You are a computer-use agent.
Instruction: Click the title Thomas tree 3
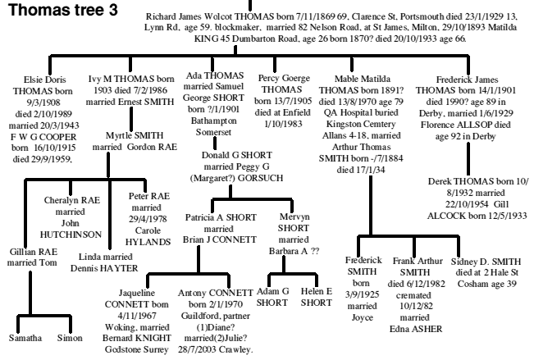click(x=58, y=14)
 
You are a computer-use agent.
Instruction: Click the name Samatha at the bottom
click(x=25, y=336)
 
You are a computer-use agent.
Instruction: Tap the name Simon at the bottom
click(x=71, y=336)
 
